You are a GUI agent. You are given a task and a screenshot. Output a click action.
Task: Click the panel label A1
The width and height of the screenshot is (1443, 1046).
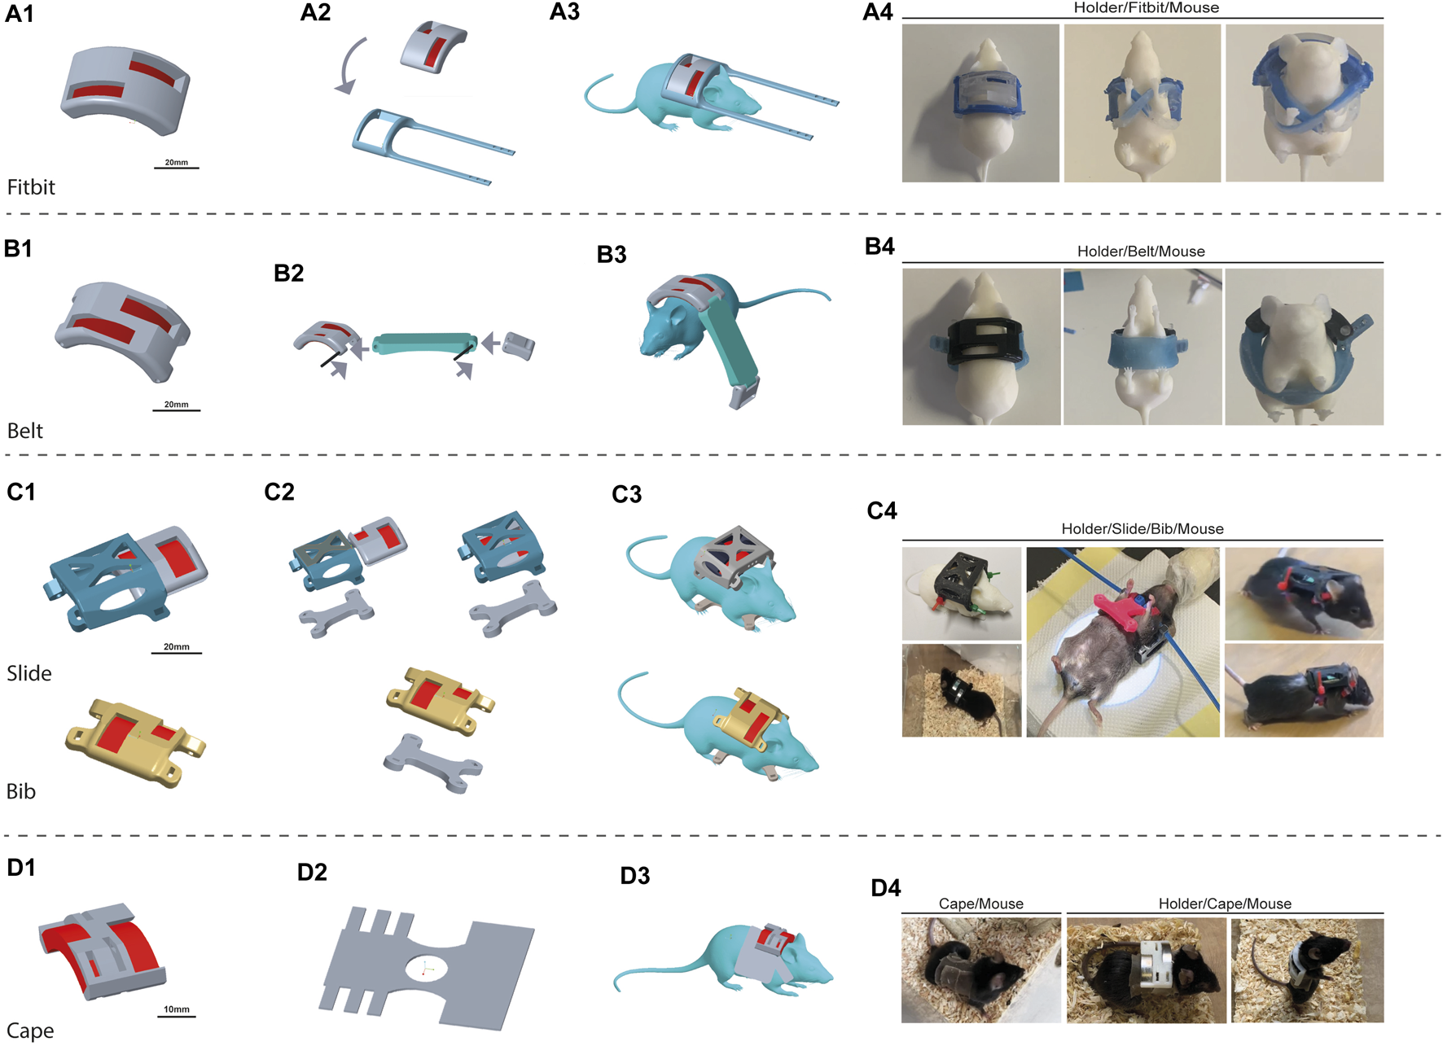click(20, 14)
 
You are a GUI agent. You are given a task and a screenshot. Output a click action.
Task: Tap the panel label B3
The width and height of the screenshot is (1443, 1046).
click(612, 255)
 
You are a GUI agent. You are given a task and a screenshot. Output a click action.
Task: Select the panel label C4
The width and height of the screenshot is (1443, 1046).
click(882, 510)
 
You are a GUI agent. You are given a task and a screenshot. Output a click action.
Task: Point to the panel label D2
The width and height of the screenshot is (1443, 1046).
click(312, 873)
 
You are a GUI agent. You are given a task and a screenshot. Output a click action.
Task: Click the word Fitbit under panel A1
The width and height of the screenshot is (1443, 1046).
click(31, 187)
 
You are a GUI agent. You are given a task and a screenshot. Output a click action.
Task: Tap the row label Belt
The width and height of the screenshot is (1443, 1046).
click(25, 431)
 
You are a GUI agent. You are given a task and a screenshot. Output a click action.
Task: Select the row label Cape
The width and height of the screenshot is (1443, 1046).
click(30, 1031)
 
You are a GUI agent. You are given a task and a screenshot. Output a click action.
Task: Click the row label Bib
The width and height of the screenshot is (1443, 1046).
click(21, 791)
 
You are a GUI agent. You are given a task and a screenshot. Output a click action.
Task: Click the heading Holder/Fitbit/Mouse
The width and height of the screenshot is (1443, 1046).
click(1146, 8)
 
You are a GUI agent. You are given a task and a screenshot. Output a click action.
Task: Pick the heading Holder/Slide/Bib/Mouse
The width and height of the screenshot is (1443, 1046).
click(1142, 529)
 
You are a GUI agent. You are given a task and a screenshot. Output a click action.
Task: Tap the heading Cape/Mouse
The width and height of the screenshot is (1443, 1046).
click(980, 904)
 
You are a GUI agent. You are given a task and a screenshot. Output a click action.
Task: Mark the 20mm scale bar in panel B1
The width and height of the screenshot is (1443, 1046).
click(176, 409)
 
